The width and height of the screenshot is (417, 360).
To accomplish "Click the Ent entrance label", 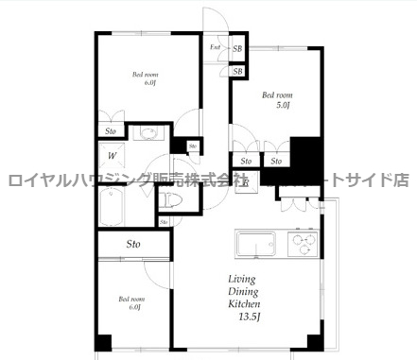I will click(x=216, y=47).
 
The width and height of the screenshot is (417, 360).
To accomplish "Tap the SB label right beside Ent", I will click(x=237, y=48).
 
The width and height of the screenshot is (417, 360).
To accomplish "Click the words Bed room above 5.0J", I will click(x=278, y=94).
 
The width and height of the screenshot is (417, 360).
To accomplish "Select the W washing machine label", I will click(x=112, y=156).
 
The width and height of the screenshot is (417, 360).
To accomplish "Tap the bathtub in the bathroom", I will click(x=118, y=204).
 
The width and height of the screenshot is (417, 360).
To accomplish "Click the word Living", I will click(x=242, y=279).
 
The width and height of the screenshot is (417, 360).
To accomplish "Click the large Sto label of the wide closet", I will click(x=133, y=244).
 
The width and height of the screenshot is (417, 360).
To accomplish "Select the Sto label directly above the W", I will click(x=112, y=131).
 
